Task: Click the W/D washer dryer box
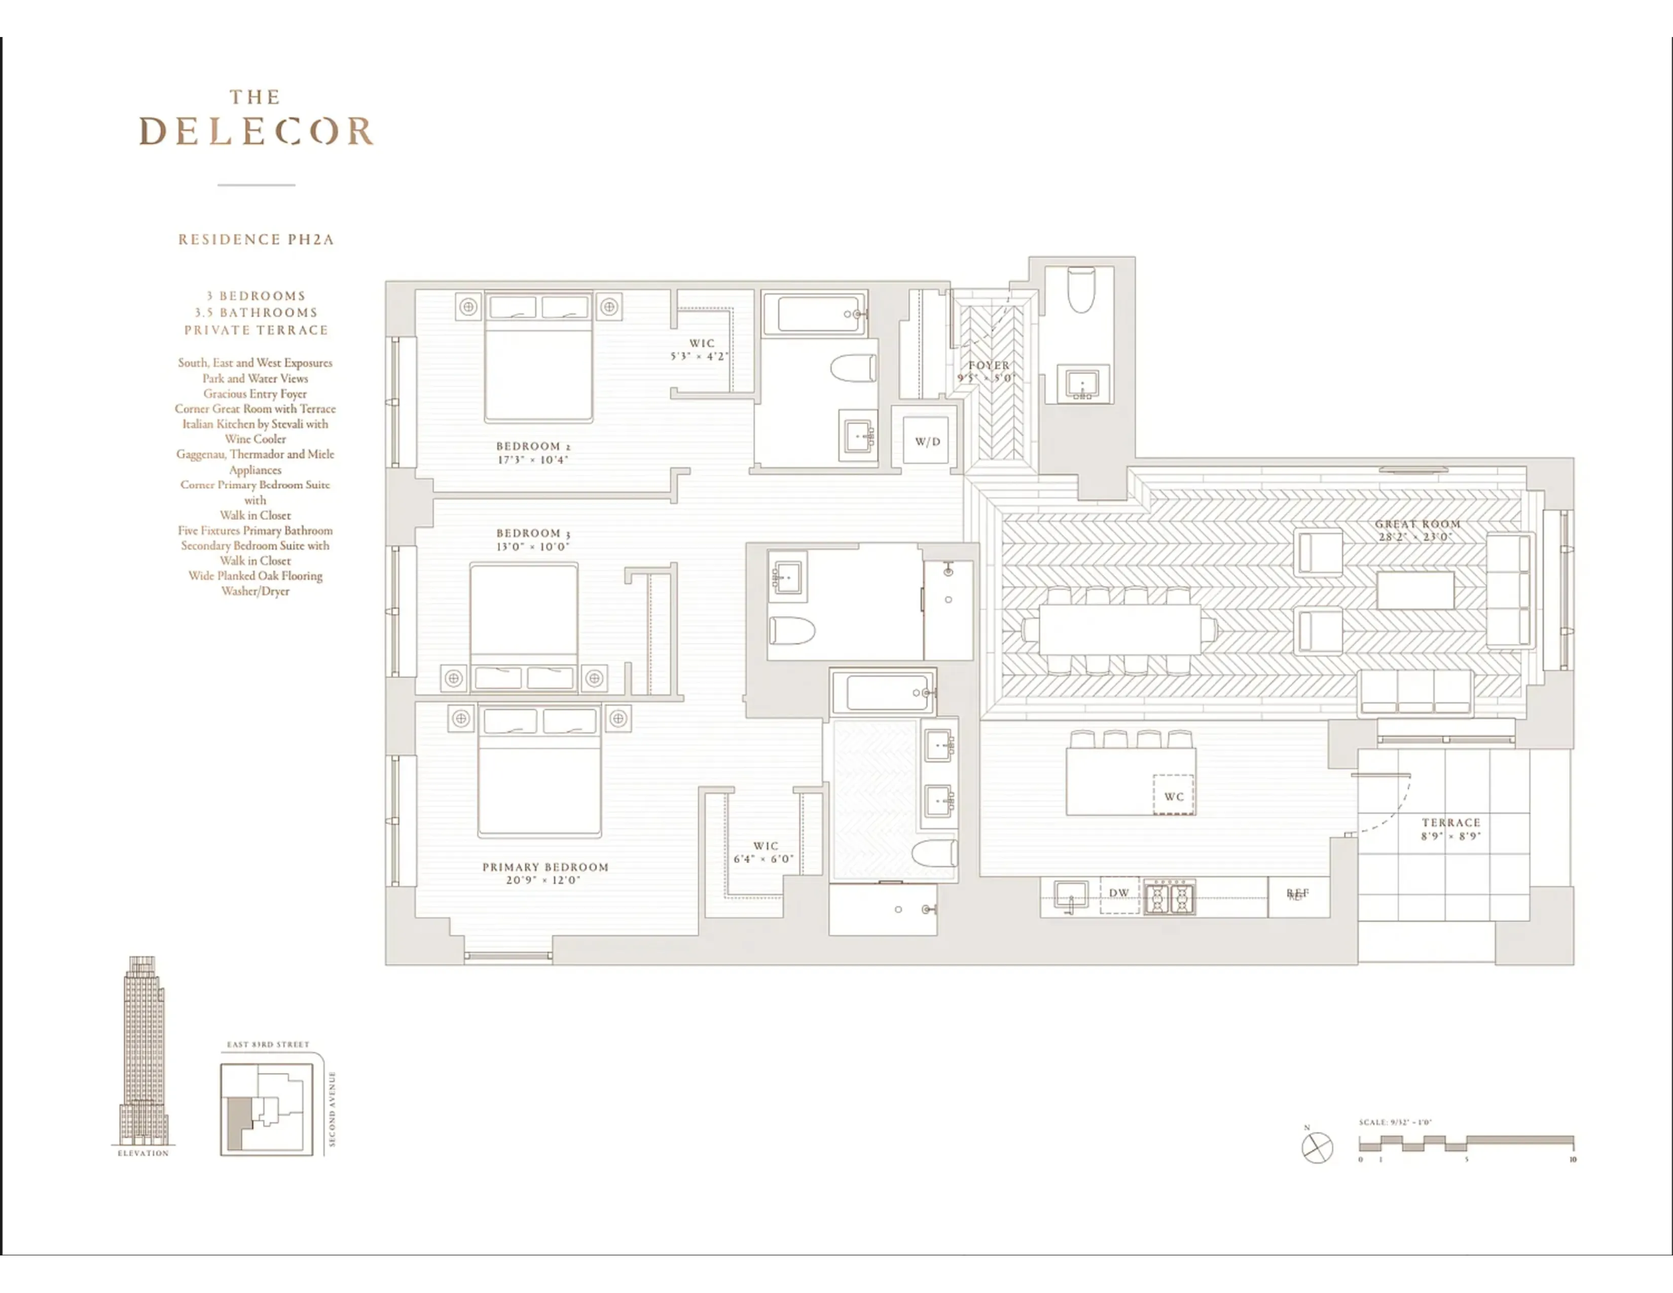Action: (928, 441)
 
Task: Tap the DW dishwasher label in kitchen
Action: (1119, 892)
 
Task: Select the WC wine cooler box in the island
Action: (1174, 796)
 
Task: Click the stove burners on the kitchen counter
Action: (1169, 897)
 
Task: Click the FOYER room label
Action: (988, 366)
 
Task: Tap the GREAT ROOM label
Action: (1417, 524)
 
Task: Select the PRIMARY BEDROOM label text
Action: (545, 867)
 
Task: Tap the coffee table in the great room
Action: (1415, 590)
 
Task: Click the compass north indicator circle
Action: (1317, 1147)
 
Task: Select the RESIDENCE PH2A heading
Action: (256, 240)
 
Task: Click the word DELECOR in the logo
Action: (256, 132)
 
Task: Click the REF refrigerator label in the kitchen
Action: (1298, 893)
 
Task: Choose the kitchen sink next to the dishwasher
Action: (1070, 894)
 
